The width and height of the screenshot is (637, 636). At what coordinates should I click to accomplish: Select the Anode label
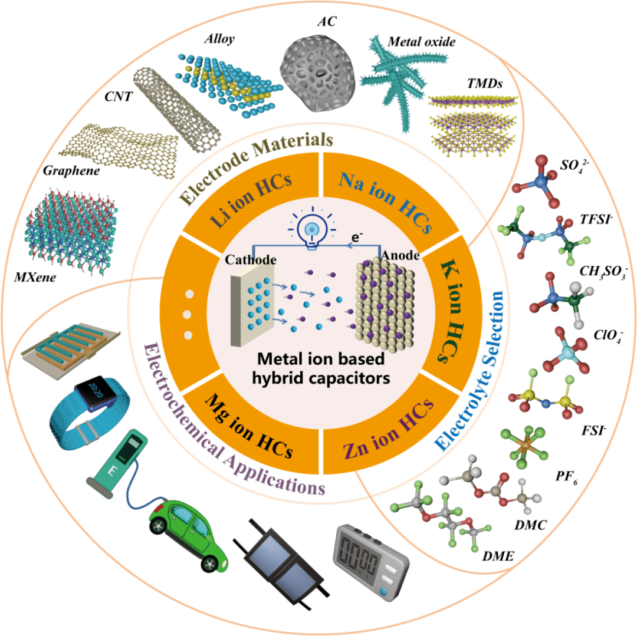401,256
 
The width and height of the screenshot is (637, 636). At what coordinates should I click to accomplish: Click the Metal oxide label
422,42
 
